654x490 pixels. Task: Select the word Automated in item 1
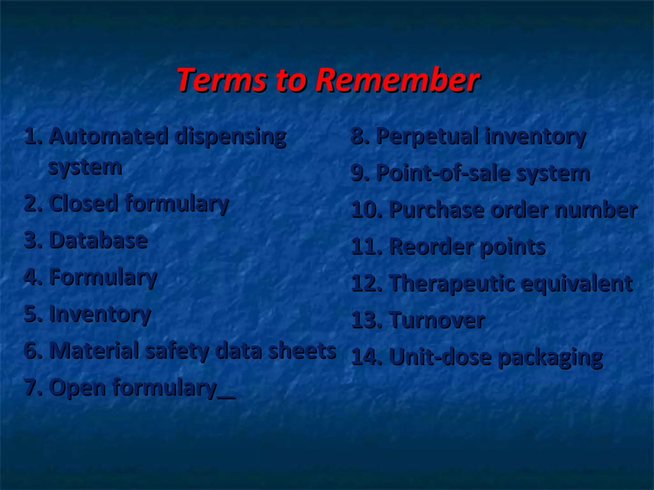point(109,136)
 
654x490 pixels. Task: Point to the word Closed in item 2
point(84,204)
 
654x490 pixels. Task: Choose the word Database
point(98,240)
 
